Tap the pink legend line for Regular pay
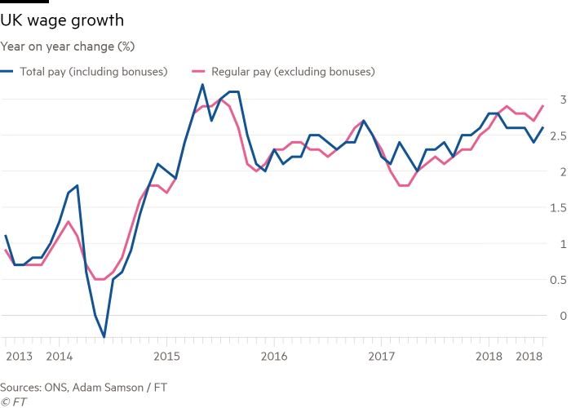tap(197, 72)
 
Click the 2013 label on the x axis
tap(19, 357)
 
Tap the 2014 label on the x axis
tap(58, 357)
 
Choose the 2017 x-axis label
tap(381, 357)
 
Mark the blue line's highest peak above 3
tap(202, 85)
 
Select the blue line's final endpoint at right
tap(543, 127)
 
